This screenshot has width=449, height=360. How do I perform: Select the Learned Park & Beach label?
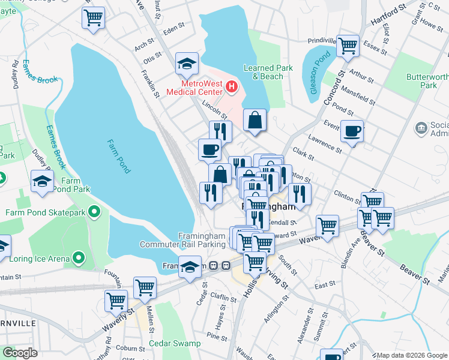click(268, 72)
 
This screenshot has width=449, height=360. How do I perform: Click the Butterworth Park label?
click(429, 81)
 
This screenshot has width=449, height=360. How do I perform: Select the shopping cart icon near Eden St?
click(93, 18)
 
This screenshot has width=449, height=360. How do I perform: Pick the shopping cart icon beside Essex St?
click(348, 46)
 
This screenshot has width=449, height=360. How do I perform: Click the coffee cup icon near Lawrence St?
click(352, 131)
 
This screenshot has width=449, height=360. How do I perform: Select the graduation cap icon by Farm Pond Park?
click(42, 181)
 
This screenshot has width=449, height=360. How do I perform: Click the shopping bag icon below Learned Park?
click(255, 119)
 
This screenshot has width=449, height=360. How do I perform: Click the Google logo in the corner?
click(20, 353)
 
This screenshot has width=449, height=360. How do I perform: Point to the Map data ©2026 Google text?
click(412, 355)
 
